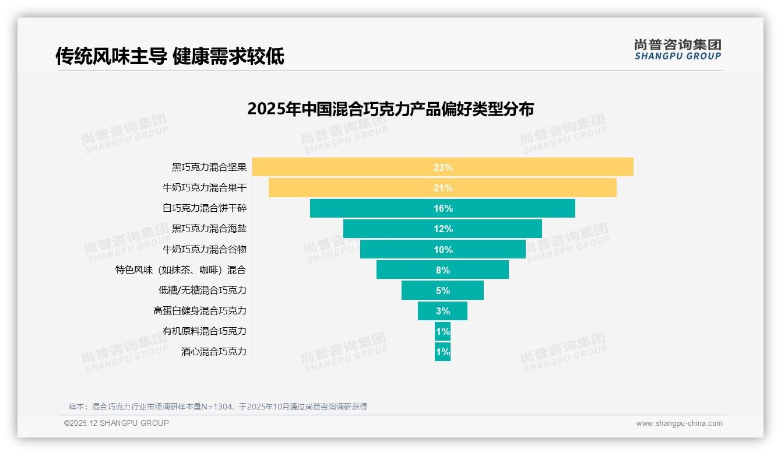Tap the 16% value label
click(x=443, y=209)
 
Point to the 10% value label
click(x=443, y=250)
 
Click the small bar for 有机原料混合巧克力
click(x=442, y=331)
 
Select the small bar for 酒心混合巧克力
click(x=442, y=352)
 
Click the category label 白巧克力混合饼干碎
click(x=205, y=208)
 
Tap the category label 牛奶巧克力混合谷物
click(x=205, y=249)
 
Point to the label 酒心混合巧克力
click(x=214, y=351)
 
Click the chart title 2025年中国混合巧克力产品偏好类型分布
click(x=391, y=109)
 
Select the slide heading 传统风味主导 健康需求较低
click(x=170, y=56)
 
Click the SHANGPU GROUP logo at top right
click(x=677, y=50)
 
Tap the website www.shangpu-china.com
click(x=679, y=423)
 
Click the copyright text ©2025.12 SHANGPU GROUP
click(x=117, y=423)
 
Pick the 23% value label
click(x=443, y=167)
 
